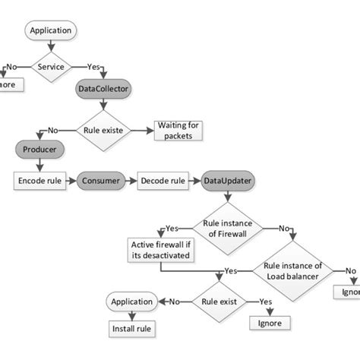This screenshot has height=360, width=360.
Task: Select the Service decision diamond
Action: [x=51, y=66]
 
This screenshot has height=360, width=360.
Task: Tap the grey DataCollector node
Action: [x=104, y=89]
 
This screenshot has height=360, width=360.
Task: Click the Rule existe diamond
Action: [x=104, y=130]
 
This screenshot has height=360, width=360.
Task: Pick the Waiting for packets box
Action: [x=178, y=130]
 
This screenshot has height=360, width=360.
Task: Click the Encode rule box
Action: [x=40, y=182]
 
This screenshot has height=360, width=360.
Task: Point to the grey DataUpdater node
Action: [x=228, y=182]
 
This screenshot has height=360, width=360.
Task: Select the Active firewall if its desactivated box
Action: [x=159, y=250]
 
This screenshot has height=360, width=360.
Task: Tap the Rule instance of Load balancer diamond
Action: [x=292, y=270]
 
